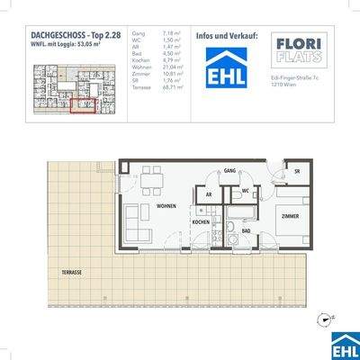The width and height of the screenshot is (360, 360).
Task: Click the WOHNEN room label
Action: click(x=166, y=206)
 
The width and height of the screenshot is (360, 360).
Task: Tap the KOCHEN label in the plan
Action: click(x=201, y=221)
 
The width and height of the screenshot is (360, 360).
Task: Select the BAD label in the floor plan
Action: click(x=246, y=230)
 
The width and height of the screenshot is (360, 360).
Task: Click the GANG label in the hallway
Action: click(x=229, y=169)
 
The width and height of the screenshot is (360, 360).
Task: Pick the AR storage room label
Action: click(x=208, y=193)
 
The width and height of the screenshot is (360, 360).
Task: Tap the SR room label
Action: click(x=296, y=170)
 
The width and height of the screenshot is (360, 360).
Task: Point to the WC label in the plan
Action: click(x=246, y=191)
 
